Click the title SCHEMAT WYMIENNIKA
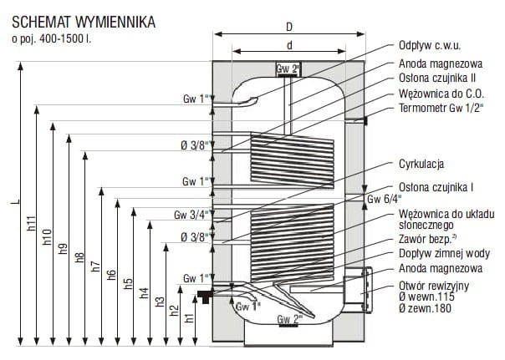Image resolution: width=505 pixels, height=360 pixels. (84, 23)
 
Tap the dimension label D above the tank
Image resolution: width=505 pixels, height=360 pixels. (289, 27)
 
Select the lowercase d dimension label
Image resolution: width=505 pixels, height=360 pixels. (289, 45)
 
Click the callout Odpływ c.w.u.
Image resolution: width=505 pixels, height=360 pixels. (430, 45)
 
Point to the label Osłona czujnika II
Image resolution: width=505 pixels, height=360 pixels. (437, 78)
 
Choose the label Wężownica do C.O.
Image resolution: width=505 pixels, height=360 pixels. (441, 94)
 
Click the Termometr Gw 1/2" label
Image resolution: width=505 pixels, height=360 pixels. (441, 108)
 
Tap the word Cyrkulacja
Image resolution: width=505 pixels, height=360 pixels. (421, 164)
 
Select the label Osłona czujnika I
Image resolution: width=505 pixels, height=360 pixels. (436, 187)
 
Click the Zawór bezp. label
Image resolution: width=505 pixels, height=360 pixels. (427, 239)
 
